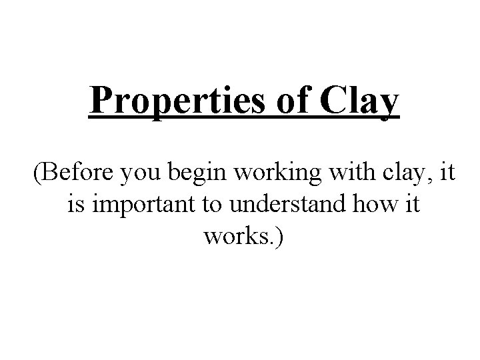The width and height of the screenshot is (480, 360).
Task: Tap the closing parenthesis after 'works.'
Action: click(279, 236)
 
